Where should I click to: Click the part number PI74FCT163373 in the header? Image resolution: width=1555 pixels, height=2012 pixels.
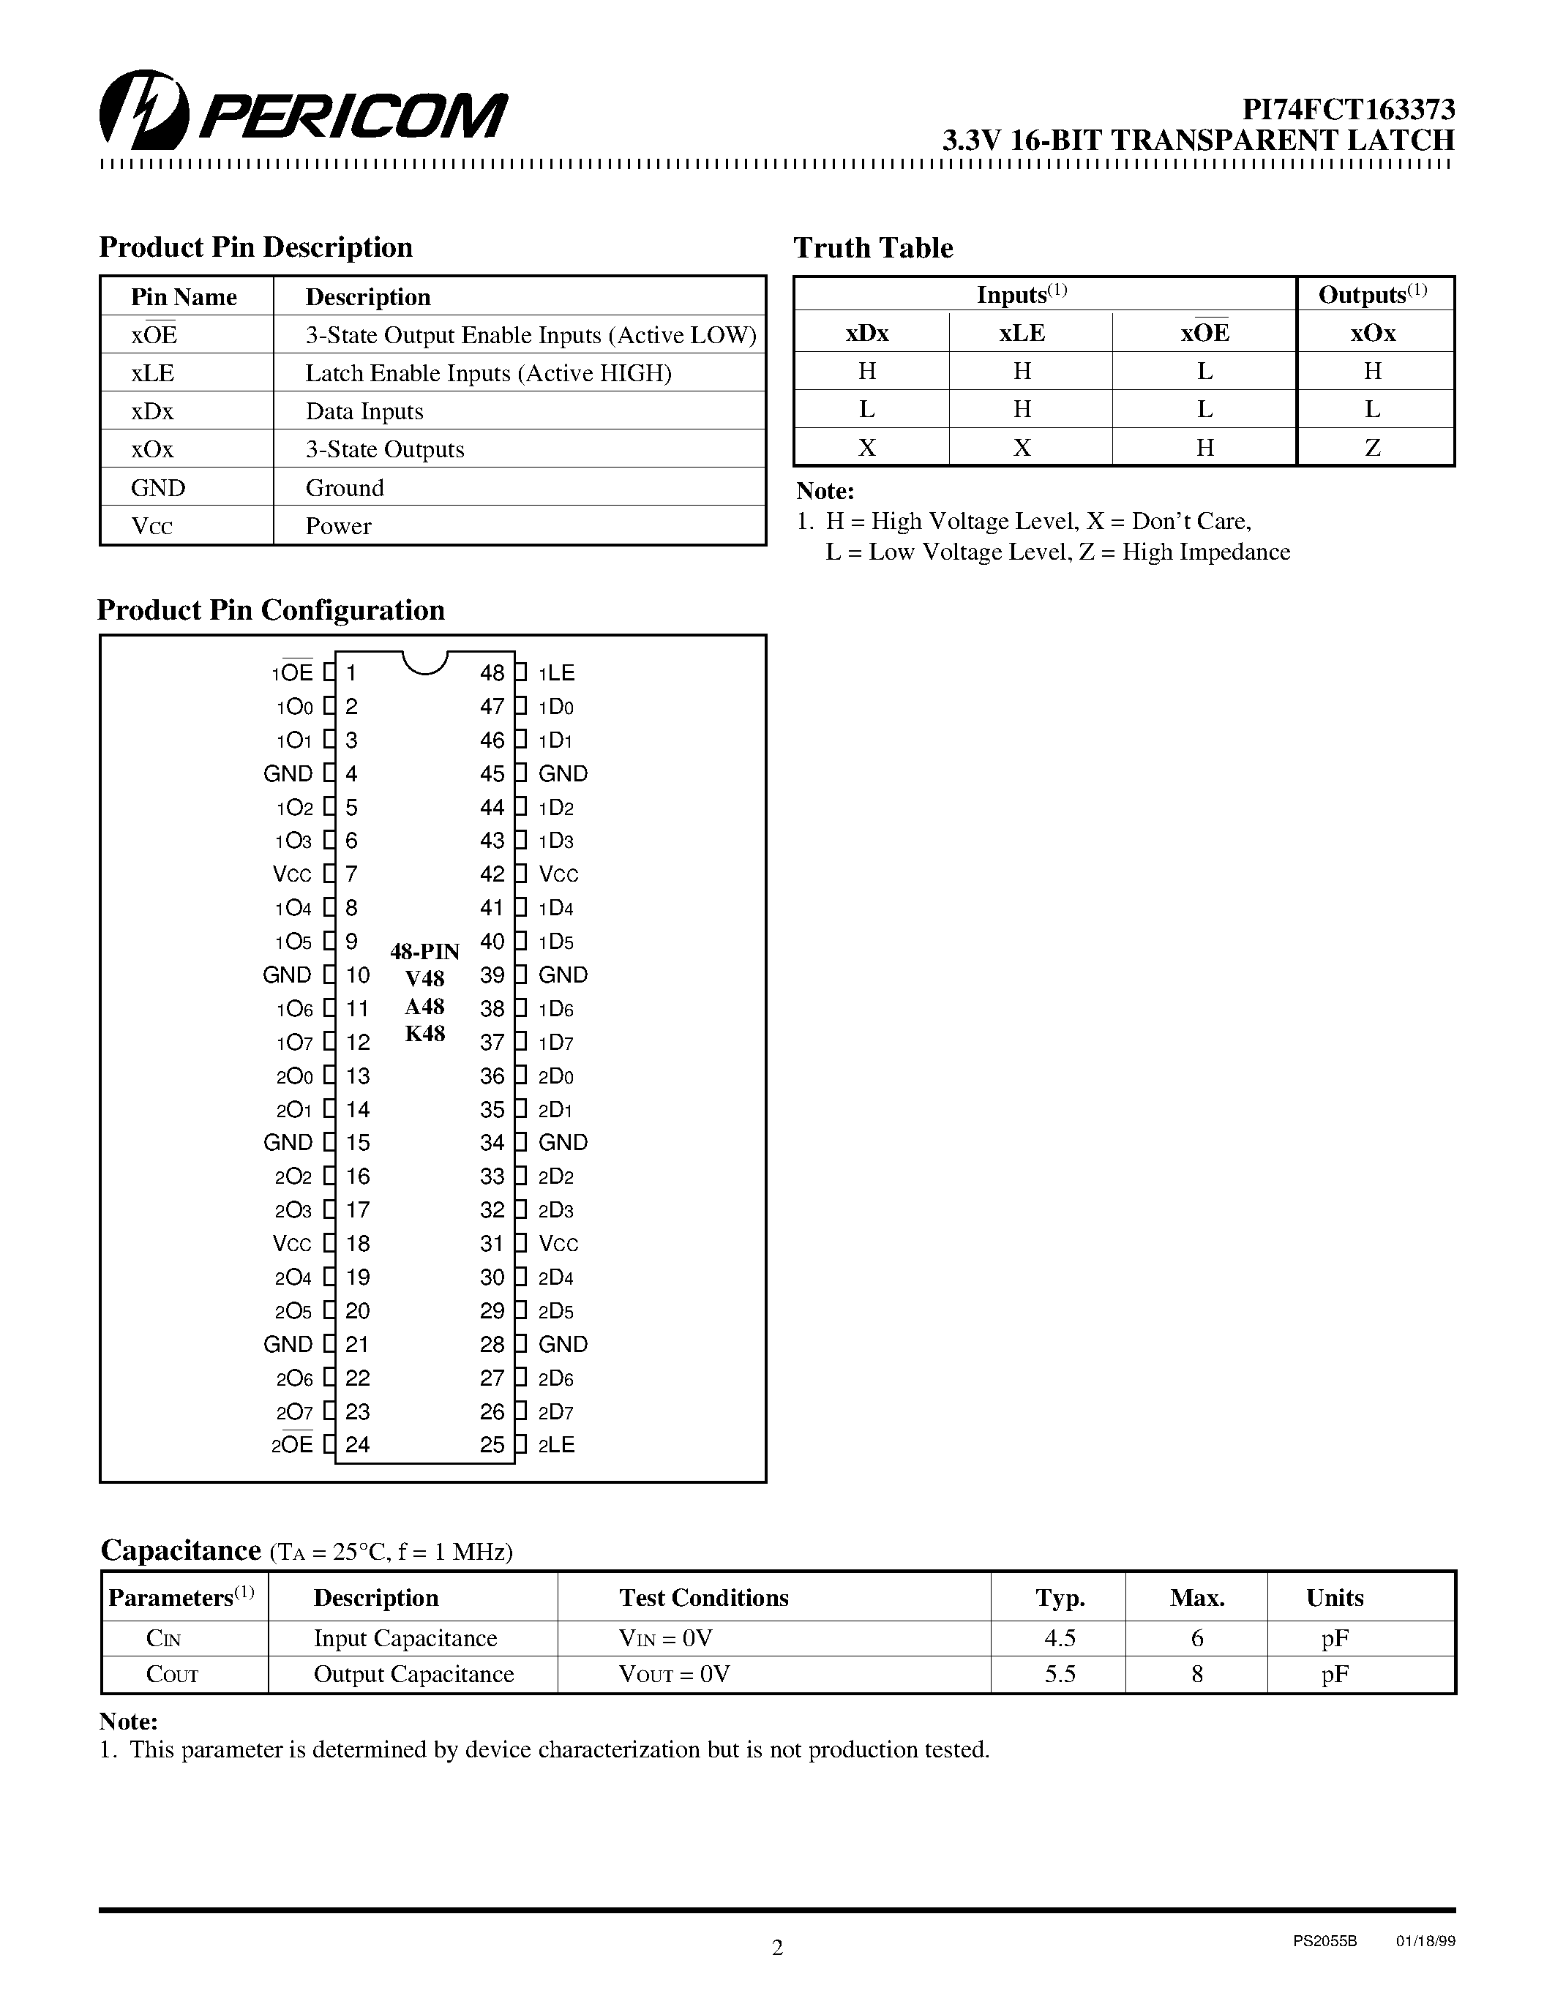(1349, 110)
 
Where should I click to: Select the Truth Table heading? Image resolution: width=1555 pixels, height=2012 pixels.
(872, 248)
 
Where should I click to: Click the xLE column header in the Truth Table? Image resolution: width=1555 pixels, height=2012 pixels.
(1022, 333)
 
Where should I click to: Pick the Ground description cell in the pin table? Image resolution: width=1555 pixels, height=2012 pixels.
(345, 487)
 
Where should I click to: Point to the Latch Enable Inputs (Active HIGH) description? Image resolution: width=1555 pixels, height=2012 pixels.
(488, 373)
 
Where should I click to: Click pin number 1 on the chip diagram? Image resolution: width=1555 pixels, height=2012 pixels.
(351, 672)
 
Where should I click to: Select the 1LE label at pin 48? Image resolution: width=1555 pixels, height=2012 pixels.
(556, 672)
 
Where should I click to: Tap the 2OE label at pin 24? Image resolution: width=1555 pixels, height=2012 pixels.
(292, 1444)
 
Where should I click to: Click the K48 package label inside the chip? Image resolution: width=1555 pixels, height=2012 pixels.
(424, 1034)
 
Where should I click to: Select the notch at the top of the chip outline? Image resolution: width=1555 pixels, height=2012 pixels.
(424, 661)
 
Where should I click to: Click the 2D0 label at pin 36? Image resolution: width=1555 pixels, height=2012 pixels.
(555, 1076)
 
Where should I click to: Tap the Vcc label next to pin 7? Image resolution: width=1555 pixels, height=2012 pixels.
(292, 874)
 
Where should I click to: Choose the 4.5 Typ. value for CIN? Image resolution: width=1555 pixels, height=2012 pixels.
(1060, 1638)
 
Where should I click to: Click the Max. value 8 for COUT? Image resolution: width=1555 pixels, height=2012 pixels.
(1196, 1674)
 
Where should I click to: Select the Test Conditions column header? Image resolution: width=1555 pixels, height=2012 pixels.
(704, 1597)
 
